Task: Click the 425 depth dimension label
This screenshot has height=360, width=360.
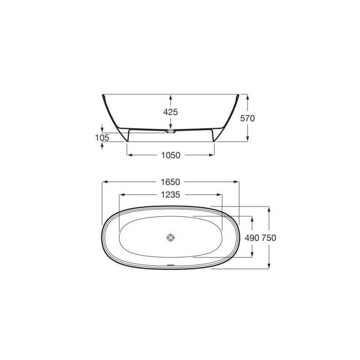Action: (x=171, y=112)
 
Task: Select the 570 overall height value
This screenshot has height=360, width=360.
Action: (x=247, y=118)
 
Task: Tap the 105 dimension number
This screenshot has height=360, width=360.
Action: (x=102, y=138)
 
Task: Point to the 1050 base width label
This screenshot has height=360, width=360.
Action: (x=171, y=155)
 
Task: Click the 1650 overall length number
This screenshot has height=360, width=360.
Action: (x=171, y=182)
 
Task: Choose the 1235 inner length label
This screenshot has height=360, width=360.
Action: (x=171, y=195)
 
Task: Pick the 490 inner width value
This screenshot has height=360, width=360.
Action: (x=252, y=238)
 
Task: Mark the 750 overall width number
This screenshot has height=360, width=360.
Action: (x=269, y=238)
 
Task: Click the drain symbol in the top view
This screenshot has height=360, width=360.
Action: (x=171, y=238)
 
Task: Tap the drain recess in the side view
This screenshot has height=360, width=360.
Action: (x=171, y=131)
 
